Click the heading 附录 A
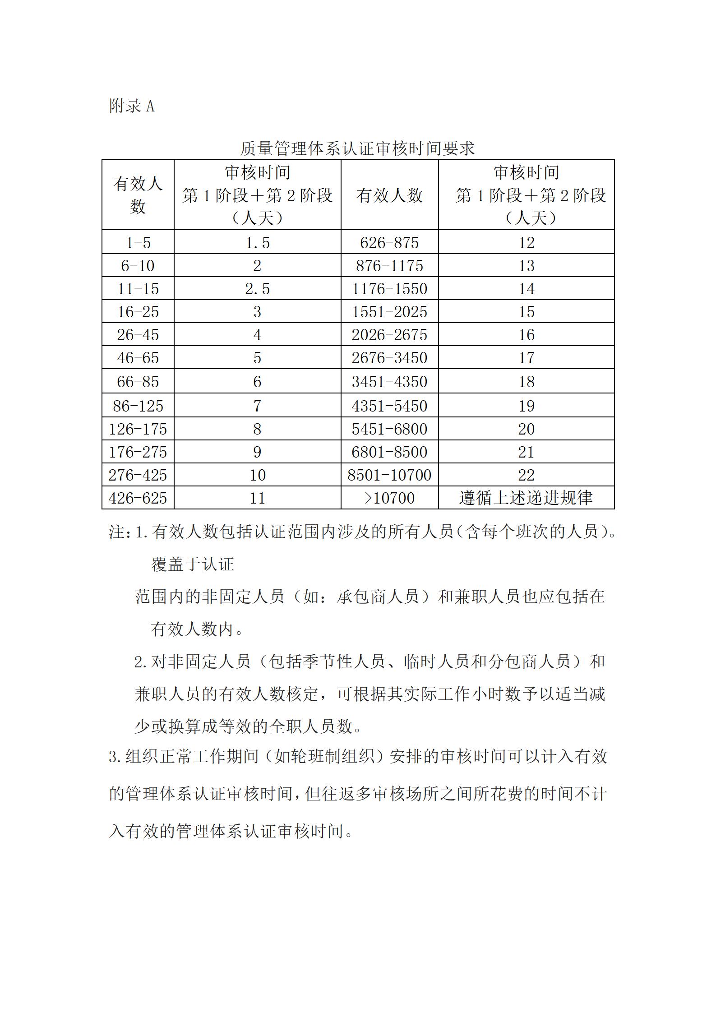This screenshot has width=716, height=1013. point(132,106)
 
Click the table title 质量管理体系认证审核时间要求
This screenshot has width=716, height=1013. point(357,148)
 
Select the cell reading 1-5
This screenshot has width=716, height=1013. point(138,243)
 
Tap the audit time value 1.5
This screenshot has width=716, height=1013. point(257,243)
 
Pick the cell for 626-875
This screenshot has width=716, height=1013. point(389,243)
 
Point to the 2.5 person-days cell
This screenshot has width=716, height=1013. point(257,289)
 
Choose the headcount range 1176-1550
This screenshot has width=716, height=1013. point(389,289)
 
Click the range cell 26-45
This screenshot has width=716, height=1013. point(138,335)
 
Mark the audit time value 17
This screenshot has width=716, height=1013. point(526,358)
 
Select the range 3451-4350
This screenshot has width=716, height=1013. point(389,382)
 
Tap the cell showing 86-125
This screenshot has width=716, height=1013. point(138,406)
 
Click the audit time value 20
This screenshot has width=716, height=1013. point(526,429)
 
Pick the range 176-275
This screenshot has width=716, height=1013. point(138,452)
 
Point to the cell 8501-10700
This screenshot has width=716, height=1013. point(389,475)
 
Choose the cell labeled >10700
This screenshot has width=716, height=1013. point(389,498)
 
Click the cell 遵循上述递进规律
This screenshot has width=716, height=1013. point(526,498)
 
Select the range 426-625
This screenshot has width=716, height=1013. point(138,498)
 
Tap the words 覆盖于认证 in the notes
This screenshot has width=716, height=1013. point(193,564)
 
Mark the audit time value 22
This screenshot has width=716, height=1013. point(526,475)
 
